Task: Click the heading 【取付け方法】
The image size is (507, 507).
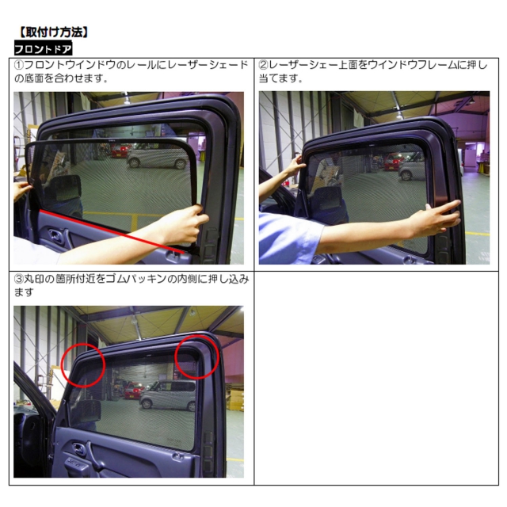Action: [53, 32]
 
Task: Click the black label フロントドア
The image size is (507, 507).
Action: [43, 49]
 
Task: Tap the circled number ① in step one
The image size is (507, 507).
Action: [19, 65]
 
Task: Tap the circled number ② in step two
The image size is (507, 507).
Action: [264, 65]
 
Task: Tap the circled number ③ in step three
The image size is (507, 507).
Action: [19, 279]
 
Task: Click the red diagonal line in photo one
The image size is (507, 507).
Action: [112, 231]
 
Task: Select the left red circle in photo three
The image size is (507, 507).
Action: [83, 365]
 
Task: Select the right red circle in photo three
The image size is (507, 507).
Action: [197, 356]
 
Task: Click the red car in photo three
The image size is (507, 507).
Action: [134, 390]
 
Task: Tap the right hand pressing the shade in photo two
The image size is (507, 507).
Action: [434, 217]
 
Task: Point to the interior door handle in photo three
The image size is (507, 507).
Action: [79, 449]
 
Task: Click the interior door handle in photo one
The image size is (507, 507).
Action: [55, 235]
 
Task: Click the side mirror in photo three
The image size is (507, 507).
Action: [86, 412]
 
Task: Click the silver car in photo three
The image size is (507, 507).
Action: [168, 395]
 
